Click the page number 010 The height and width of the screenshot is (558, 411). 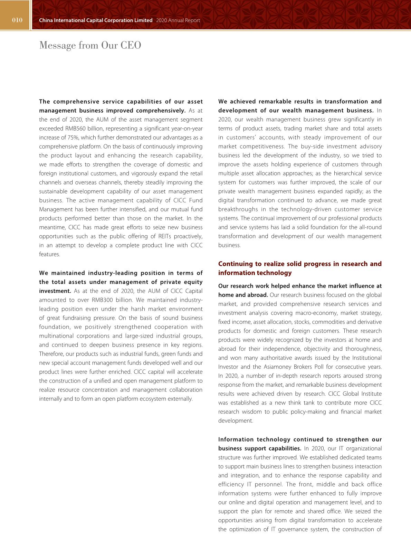(x=17, y=20)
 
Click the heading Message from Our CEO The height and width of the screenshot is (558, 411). (x=90, y=45)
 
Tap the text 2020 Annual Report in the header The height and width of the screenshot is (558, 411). (x=178, y=20)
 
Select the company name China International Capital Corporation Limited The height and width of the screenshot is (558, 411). (x=96, y=20)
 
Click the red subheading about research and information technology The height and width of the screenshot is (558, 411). (x=300, y=268)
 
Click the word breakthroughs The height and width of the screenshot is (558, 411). (x=238, y=209)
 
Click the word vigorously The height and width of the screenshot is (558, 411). (x=141, y=173)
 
